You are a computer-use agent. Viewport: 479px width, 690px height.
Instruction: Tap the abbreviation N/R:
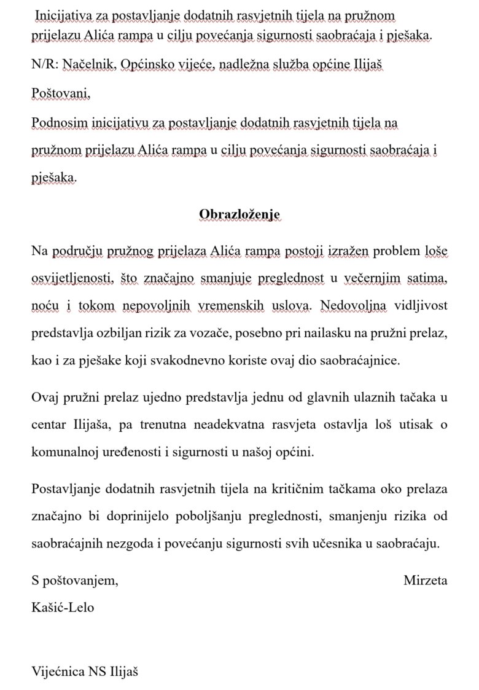[44, 65]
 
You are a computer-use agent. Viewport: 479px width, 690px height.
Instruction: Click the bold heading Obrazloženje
[240, 214]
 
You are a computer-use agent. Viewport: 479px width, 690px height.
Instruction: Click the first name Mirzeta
[426, 580]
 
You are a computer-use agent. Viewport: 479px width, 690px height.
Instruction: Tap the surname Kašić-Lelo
[63, 607]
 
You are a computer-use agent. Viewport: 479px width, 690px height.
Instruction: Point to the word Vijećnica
[59, 672]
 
